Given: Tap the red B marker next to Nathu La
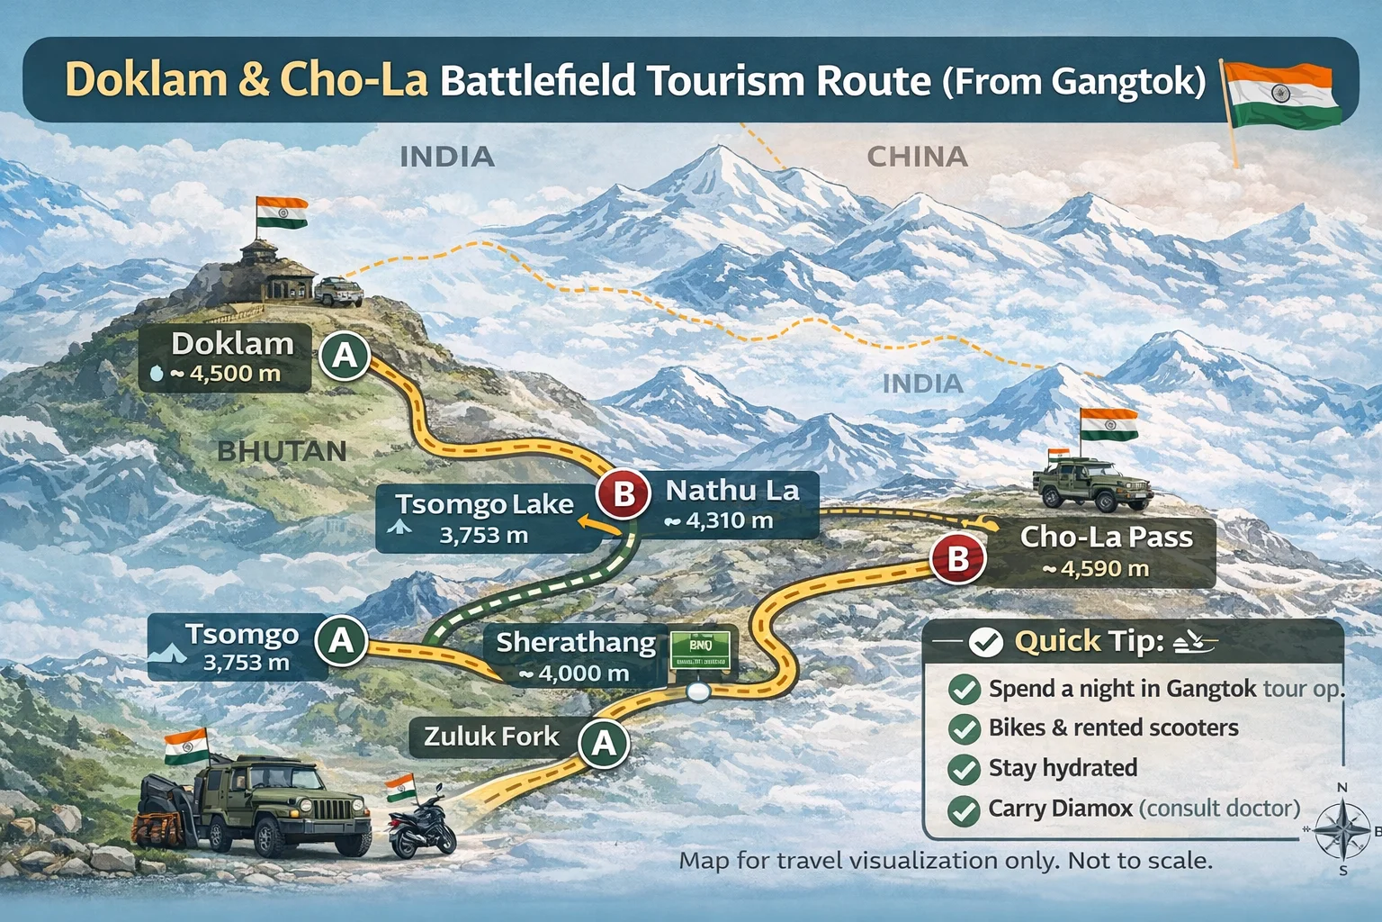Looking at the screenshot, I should tap(624, 494).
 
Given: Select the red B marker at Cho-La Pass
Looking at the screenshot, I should tap(958, 559).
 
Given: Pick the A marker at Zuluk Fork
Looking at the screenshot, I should tap(604, 743).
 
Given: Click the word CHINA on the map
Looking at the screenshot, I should tap(917, 157).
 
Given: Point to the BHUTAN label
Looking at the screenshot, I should tap(282, 451).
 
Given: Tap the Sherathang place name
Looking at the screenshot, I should tap(576, 642).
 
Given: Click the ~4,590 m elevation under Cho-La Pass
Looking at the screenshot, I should tap(1095, 569).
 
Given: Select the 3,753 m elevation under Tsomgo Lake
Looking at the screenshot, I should tap(483, 536).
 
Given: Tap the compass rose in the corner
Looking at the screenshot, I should tap(1342, 829).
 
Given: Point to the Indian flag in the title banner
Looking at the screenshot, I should tap(1281, 95).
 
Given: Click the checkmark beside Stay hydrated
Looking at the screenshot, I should tap(965, 769).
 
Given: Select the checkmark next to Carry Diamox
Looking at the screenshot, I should tap(965, 809).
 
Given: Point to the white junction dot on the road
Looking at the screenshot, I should tap(698, 692).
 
